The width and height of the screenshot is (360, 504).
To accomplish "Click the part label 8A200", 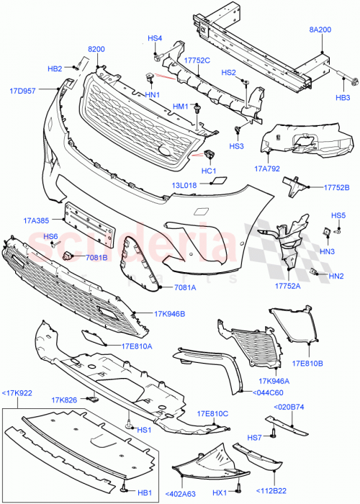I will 320,30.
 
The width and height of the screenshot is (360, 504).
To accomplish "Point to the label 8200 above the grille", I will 96,49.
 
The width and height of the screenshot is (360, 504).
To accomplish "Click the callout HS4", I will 156,38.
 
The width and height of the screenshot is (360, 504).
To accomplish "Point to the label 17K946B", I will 169,314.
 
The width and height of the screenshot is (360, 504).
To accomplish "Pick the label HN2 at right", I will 336,276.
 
